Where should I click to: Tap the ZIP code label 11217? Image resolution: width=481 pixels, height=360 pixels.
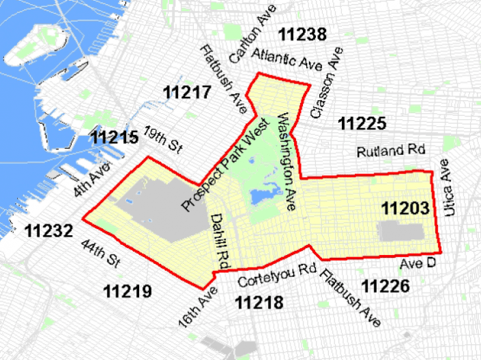pos(186,92)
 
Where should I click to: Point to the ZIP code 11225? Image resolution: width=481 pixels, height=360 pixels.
pos(363,124)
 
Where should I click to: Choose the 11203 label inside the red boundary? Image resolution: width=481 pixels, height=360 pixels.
pos(406,208)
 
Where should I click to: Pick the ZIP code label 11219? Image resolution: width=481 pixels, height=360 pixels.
pos(127,291)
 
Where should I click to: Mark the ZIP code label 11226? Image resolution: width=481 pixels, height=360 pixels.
pos(386,286)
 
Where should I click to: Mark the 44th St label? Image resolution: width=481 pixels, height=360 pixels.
pos(100,254)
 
